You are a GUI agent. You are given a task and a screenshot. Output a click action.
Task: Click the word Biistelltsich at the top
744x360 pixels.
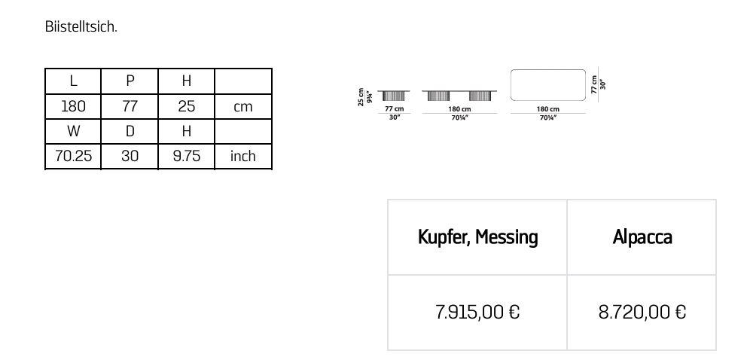click(81, 27)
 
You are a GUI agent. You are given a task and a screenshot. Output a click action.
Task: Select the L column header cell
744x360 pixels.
click(73, 81)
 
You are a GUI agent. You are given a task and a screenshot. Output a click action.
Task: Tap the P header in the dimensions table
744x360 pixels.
click(130, 81)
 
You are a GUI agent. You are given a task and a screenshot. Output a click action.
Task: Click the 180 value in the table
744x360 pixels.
click(73, 106)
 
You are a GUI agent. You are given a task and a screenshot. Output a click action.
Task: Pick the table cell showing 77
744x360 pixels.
click(130, 106)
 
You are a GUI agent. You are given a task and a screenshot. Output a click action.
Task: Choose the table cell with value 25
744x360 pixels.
click(186, 106)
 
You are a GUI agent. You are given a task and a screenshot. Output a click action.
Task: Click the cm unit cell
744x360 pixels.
click(242, 107)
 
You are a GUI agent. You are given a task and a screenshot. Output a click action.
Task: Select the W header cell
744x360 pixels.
click(73, 131)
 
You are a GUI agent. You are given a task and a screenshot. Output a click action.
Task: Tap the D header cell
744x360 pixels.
click(130, 131)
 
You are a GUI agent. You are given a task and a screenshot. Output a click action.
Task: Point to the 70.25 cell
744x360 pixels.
click(73, 156)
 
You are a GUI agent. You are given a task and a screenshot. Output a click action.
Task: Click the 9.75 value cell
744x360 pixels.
click(186, 156)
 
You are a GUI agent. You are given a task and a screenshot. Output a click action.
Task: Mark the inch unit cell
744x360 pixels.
click(242, 156)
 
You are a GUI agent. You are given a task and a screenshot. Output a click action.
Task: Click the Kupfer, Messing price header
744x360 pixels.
click(477, 237)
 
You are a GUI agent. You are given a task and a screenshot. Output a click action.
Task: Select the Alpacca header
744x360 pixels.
click(642, 237)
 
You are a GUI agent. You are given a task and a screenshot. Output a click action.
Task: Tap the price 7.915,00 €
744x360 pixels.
click(477, 312)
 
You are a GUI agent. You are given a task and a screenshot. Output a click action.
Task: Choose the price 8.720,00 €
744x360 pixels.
click(642, 312)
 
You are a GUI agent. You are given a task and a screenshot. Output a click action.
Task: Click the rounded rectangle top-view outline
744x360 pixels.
click(547, 84)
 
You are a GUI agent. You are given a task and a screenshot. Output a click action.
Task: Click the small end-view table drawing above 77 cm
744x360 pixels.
click(394, 96)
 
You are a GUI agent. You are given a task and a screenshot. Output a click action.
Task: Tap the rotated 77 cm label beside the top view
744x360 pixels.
click(594, 84)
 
